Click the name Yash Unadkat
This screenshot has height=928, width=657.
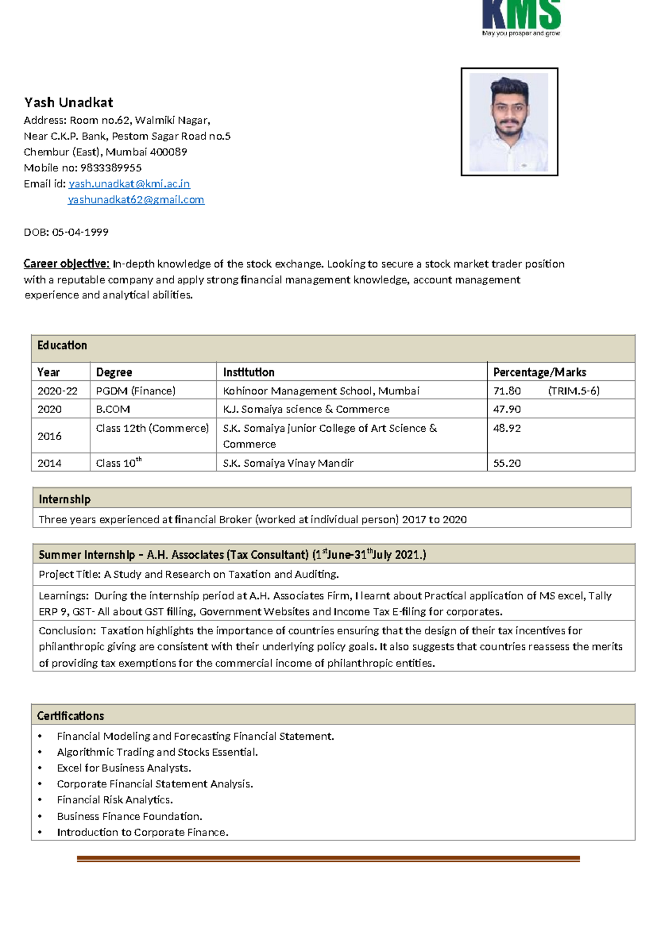click(x=68, y=103)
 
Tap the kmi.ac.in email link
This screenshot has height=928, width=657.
click(x=129, y=184)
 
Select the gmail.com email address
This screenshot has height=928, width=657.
click(x=136, y=200)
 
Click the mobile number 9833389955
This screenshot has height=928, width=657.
click(x=111, y=168)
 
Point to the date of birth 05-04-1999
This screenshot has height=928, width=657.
click(x=80, y=232)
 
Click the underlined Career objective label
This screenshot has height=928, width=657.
click(x=67, y=264)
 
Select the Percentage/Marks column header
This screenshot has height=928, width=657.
click(x=539, y=372)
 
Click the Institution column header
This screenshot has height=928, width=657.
click(x=249, y=372)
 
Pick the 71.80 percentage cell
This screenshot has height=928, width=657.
click(x=507, y=391)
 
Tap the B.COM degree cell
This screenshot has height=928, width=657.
click(x=113, y=409)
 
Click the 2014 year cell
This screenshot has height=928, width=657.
click(x=49, y=463)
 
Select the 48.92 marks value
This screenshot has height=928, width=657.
click(x=507, y=428)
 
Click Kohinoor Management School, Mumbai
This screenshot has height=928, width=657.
click(x=321, y=391)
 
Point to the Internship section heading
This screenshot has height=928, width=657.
click(x=65, y=499)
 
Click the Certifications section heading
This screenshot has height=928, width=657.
click(x=71, y=716)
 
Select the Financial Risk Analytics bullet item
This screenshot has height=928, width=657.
click(x=115, y=800)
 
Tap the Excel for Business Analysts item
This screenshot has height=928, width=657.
click(x=124, y=768)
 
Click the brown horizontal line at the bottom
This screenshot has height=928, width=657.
click(x=328, y=859)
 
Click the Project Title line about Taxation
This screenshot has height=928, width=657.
click(x=189, y=574)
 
